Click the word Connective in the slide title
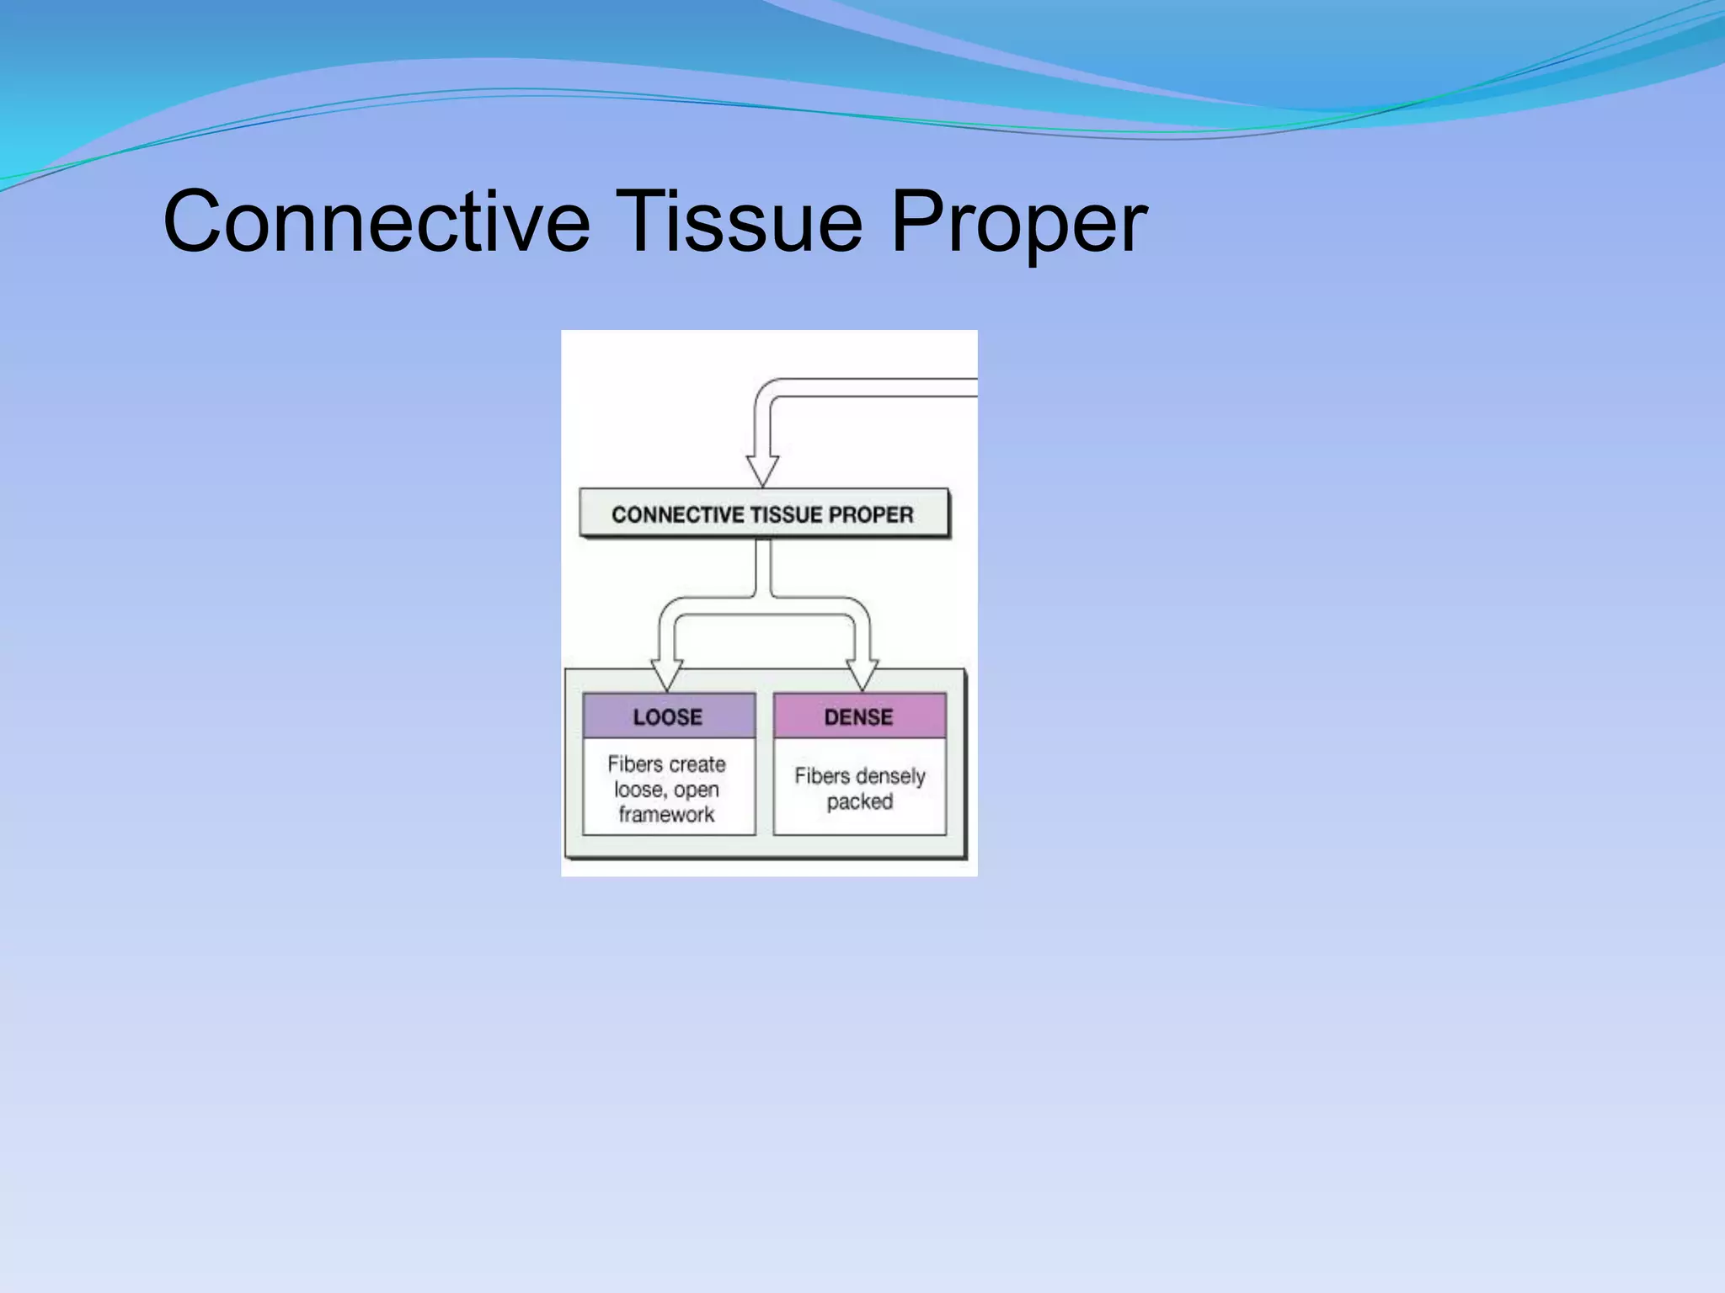[377, 221]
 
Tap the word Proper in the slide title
[1018, 221]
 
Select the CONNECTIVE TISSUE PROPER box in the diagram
[763, 514]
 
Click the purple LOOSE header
[668, 716]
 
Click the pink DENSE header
[858, 716]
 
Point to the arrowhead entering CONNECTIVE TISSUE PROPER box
[762, 471]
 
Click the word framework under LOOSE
[666, 814]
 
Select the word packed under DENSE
[859, 801]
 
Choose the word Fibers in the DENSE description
[821, 776]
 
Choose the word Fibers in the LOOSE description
[635, 764]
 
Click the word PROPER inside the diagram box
[871, 514]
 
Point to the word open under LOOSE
[697, 790]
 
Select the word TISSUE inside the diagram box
[786, 514]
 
